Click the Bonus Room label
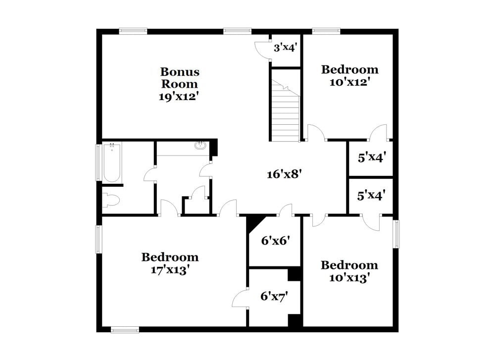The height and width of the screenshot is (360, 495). (x=179, y=78)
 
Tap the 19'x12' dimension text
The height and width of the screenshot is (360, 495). (x=179, y=97)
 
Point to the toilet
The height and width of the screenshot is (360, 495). (x=111, y=200)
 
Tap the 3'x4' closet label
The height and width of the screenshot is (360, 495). (x=286, y=49)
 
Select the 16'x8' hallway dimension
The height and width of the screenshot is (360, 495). (x=284, y=174)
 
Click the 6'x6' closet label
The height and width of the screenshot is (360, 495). (x=275, y=241)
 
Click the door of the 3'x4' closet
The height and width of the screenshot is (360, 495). (x=263, y=50)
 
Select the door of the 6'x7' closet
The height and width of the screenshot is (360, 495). (x=241, y=298)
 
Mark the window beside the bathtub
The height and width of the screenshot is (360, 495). (x=98, y=162)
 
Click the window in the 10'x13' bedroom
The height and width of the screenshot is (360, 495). (x=396, y=234)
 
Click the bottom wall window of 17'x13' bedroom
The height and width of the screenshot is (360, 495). (x=125, y=329)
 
